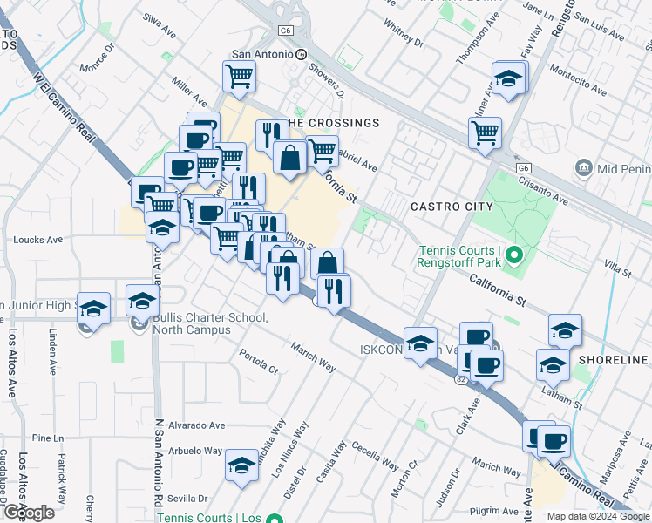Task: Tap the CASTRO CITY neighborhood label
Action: [452, 207]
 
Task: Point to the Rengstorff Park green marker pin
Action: [514, 256]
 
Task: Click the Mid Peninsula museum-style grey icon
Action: [584, 166]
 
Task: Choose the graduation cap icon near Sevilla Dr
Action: [241, 465]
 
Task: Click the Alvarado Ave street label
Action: [197, 425]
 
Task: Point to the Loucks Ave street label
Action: [38, 240]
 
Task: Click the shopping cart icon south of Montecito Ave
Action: [485, 132]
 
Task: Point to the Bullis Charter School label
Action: [209, 323]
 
